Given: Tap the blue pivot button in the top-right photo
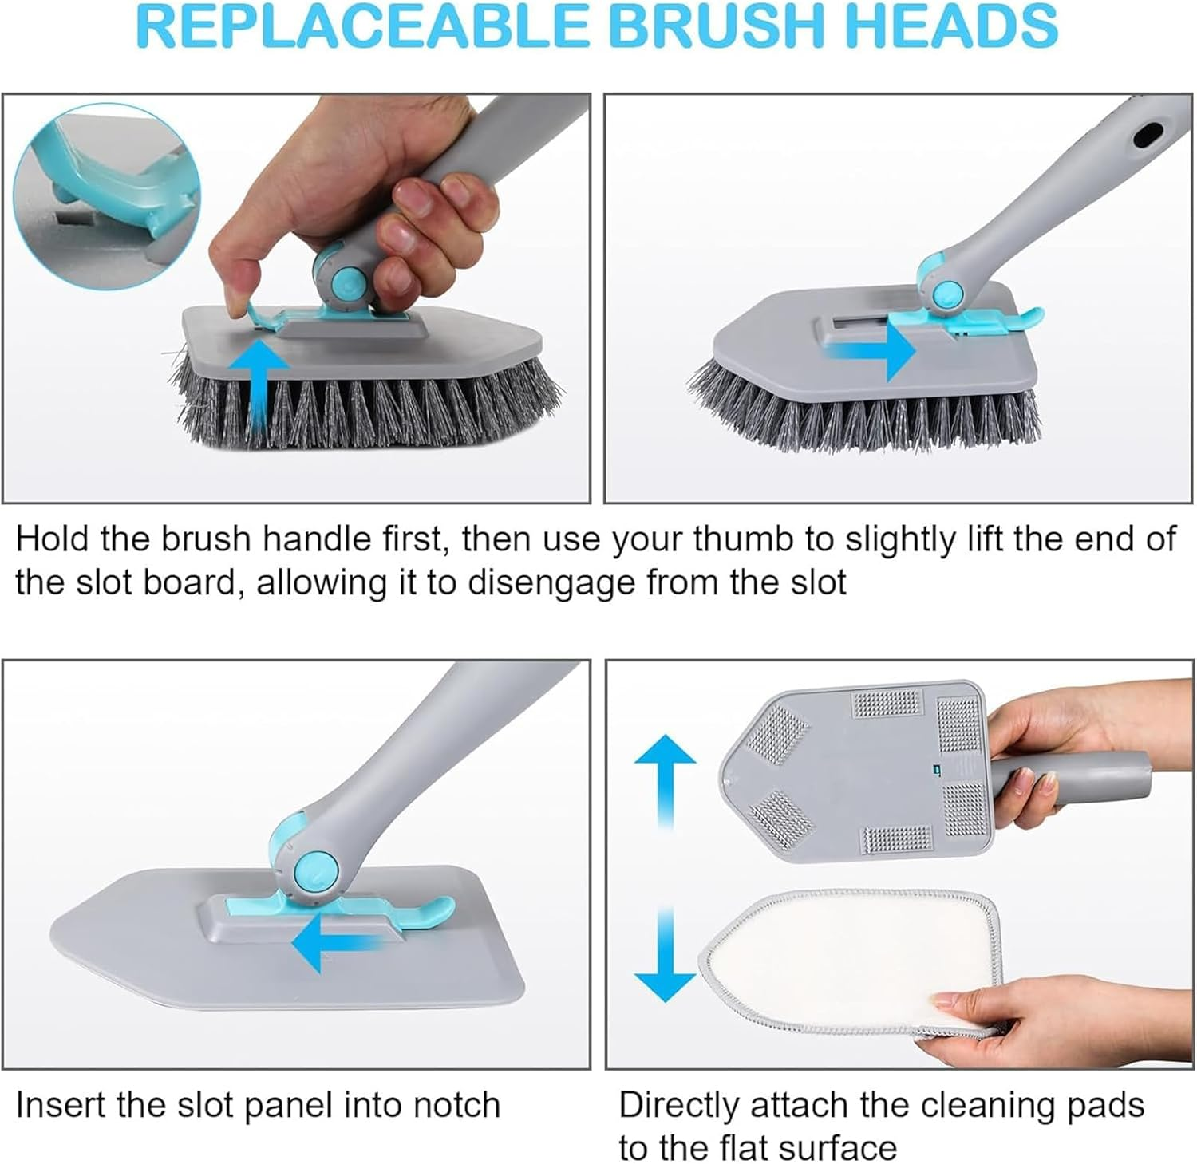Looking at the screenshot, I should pyautogui.click(x=947, y=293).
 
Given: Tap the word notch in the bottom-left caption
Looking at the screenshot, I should pyautogui.click(x=456, y=1106).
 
